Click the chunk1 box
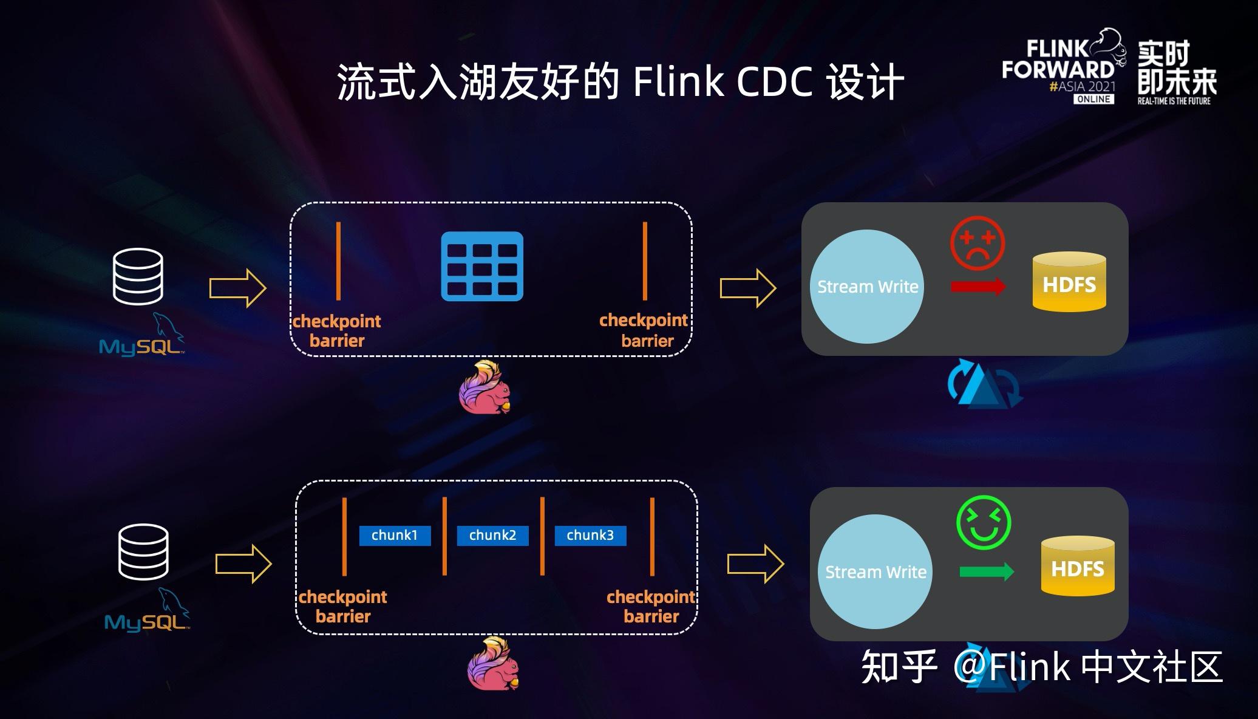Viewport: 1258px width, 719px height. [395, 535]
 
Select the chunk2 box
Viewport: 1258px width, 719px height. [492, 535]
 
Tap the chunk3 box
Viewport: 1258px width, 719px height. [590, 535]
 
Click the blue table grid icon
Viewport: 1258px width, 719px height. [482, 266]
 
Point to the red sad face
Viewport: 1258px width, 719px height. [977, 244]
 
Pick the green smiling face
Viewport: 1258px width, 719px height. [984, 523]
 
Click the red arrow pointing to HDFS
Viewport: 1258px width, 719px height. [978, 287]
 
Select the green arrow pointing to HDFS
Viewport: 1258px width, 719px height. [987, 571]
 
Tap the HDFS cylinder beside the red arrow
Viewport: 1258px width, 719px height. [1069, 282]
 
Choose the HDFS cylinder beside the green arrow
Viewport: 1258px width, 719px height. [1078, 567]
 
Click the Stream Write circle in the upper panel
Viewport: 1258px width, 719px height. [867, 287]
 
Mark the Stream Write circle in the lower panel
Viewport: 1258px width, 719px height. [875, 571]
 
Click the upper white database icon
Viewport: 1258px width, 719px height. [138, 276]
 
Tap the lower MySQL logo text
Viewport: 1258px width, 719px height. [146, 622]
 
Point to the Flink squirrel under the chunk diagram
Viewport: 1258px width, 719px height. [493, 664]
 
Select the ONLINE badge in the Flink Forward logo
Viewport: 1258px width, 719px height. [1093, 99]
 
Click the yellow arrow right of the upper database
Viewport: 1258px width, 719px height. [238, 288]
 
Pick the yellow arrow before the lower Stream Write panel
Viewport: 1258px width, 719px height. [756, 564]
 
